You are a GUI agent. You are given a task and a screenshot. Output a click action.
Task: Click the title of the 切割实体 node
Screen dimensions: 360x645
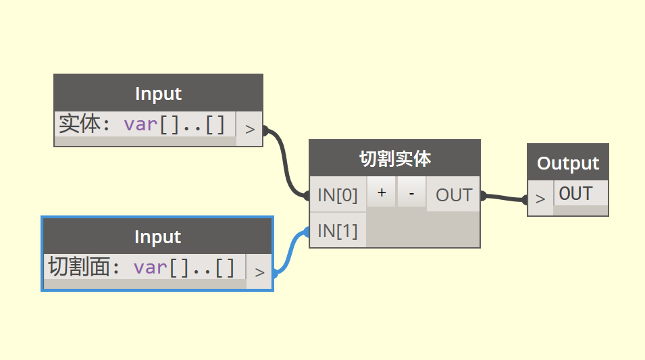(x=394, y=159)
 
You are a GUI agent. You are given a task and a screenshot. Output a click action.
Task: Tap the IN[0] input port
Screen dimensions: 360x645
(x=338, y=195)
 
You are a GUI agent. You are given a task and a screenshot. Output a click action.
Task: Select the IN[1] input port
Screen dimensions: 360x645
(x=338, y=230)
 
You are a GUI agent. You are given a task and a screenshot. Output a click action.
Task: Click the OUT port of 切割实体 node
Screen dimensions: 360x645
(x=453, y=195)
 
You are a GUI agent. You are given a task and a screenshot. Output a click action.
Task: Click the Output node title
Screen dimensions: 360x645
(x=567, y=163)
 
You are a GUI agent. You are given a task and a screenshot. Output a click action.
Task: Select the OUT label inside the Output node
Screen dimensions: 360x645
(x=575, y=194)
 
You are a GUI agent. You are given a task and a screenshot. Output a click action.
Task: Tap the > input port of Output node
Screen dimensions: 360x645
(x=540, y=199)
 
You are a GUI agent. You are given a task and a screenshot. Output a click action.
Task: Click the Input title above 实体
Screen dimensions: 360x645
(x=158, y=93)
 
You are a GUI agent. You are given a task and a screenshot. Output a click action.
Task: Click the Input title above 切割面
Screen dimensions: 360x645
(x=157, y=236)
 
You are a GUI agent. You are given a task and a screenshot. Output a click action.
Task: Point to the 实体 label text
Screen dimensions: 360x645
(x=79, y=125)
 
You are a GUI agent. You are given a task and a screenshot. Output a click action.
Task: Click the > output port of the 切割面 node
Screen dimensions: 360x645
(x=259, y=272)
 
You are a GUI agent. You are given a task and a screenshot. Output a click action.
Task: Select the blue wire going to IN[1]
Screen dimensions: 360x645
(x=291, y=250)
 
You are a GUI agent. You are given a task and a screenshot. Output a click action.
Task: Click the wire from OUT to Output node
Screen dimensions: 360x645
(x=504, y=197)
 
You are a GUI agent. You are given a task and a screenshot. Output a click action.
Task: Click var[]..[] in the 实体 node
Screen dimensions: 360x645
(x=174, y=125)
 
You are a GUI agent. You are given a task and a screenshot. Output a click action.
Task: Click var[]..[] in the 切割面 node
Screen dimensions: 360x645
(x=184, y=267)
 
